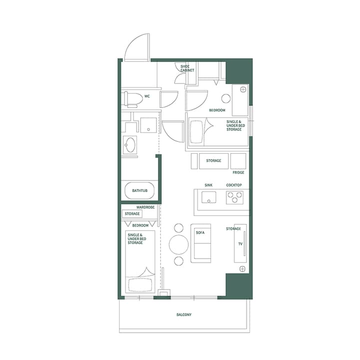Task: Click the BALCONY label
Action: click(184, 315)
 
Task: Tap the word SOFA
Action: click(199, 232)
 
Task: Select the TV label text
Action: click(240, 244)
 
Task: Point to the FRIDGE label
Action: click(238, 172)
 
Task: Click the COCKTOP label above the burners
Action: click(234, 185)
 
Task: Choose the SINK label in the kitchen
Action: click(208, 185)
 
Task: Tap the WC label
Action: click(147, 96)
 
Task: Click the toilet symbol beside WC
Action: click(132, 99)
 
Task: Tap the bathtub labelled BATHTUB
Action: click(139, 191)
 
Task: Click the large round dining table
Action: click(178, 245)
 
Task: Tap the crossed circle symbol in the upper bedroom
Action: click(243, 89)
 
